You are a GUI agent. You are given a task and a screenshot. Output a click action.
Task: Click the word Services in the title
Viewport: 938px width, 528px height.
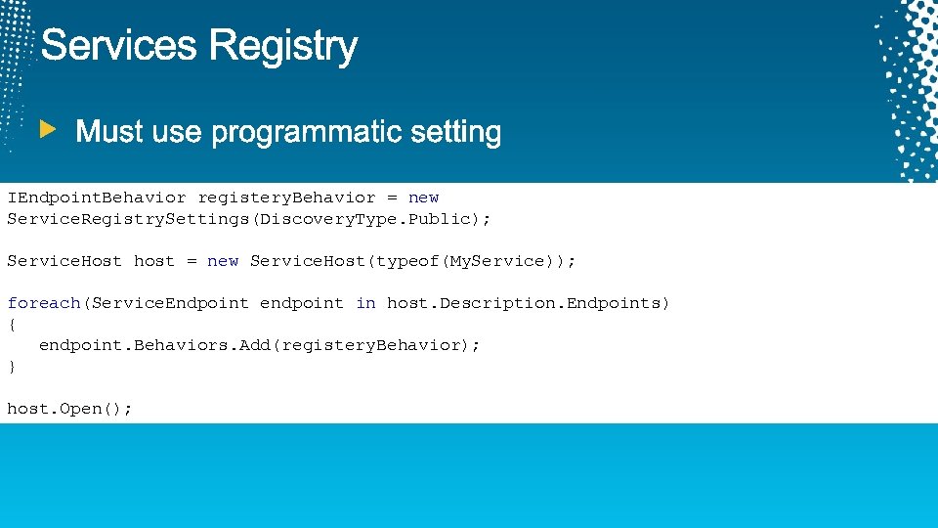pyautogui.click(x=119, y=46)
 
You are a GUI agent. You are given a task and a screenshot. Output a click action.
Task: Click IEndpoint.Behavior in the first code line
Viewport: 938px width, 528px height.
pyautogui.click(x=96, y=198)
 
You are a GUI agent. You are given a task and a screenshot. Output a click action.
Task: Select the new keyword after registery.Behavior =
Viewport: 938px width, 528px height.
pyautogui.click(x=423, y=198)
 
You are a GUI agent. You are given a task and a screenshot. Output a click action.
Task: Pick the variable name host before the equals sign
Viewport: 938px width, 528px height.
pyautogui.click(x=153, y=261)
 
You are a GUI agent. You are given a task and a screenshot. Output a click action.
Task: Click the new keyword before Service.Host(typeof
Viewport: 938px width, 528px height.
pyautogui.click(x=223, y=261)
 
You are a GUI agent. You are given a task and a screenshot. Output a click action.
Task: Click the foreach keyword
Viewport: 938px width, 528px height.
pyautogui.click(x=44, y=303)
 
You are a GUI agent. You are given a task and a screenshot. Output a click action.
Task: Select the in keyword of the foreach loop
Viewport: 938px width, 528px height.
pyautogui.click(x=365, y=303)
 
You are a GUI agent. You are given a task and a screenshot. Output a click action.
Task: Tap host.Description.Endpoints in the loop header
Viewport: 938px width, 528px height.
pyautogui.click(x=526, y=303)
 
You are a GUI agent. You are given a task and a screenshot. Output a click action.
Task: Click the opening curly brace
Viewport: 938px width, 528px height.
pyautogui.click(x=12, y=324)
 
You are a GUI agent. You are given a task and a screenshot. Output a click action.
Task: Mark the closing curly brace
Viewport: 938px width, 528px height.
pyautogui.click(x=12, y=367)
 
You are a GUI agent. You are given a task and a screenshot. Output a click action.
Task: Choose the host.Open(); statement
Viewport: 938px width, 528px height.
pyautogui.click(x=69, y=409)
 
